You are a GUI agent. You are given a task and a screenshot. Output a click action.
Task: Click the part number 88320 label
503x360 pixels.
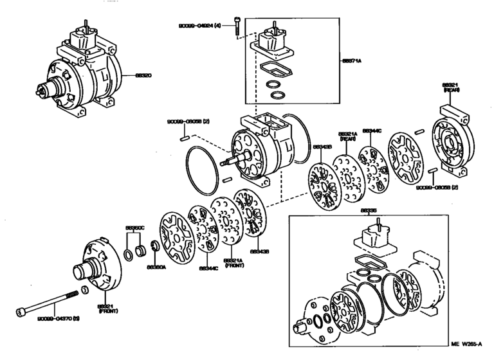(x=143, y=75)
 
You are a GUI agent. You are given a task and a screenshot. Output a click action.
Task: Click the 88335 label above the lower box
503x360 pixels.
(x=368, y=210)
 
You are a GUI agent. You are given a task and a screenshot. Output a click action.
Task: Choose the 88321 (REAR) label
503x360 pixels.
(x=450, y=87)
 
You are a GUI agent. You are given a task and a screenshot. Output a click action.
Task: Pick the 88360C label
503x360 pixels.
(x=134, y=228)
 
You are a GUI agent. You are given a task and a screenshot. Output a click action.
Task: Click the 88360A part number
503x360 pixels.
(x=156, y=266)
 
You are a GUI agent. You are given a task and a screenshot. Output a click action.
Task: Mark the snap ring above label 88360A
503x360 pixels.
(x=155, y=247)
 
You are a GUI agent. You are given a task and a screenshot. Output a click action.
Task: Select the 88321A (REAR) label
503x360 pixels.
(x=348, y=137)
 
